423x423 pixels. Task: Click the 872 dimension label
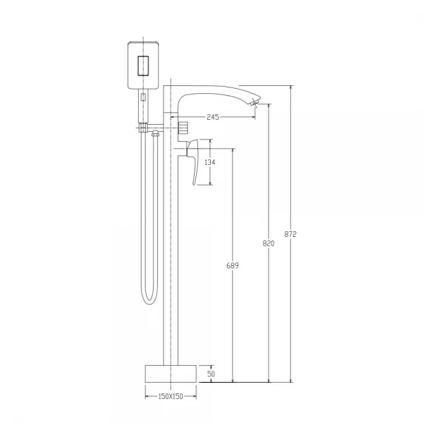(x=290, y=234)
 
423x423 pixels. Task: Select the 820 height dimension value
(x=269, y=243)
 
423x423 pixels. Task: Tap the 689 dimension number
(x=232, y=266)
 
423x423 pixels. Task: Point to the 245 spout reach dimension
(x=213, y=117)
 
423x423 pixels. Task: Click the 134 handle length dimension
(x=210, y=162)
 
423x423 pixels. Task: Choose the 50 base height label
(x=211, y=374)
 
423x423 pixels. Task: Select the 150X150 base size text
(x=171, y=396)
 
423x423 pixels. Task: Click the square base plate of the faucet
(x=171, y=374)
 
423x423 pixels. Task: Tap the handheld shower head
(x=143, y=65)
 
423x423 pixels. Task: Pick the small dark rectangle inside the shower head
(x=143, y=66)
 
